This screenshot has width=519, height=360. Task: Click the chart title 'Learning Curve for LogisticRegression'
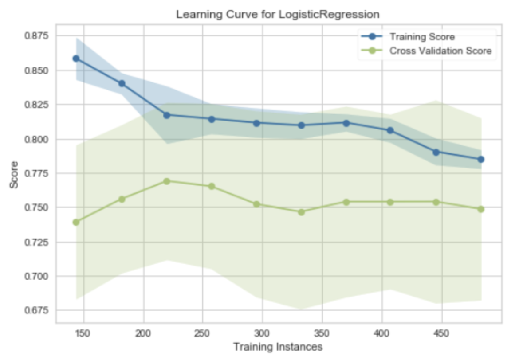point(278,14)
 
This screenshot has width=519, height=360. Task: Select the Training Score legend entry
point(421,37)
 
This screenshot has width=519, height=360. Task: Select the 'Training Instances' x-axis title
point(278,347)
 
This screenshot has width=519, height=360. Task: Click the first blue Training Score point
point(76,59)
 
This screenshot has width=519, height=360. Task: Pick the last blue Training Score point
point(481,159)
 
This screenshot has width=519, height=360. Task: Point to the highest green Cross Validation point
point(167,181)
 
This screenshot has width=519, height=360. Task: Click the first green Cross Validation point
point(76,222)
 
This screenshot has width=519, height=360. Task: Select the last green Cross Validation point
point(481,209)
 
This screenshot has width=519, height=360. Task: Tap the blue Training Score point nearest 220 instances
point(167,115)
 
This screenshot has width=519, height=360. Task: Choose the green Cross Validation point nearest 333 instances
point(301,212)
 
